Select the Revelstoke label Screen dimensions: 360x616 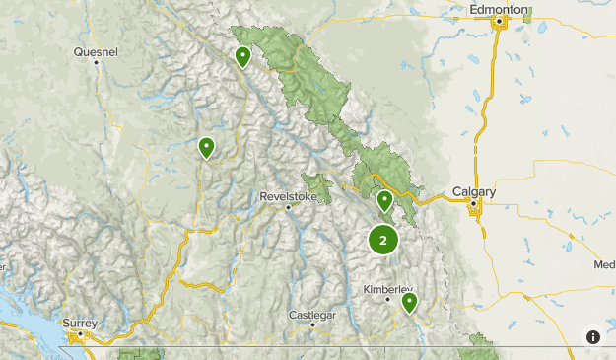coord(287,195)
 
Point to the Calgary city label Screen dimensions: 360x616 coord(473,191)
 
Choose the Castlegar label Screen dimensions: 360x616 coord(312,314)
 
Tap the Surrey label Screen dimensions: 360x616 coord(80,322)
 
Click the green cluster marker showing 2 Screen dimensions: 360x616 coord(383,239)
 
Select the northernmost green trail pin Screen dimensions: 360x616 coord(242,56)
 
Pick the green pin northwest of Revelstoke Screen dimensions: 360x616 coord(207,147)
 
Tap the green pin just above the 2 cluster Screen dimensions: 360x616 coord(384,200)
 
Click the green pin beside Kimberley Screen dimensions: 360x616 coord(409,301)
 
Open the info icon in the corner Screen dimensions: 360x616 coord(593,336)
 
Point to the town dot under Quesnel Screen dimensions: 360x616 coord(96,62)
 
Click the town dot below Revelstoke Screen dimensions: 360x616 coord(287,207)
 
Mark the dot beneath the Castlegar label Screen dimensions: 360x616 coord(312,324)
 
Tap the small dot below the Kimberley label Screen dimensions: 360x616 coord(387,299)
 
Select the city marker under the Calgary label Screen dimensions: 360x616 coord(474,205)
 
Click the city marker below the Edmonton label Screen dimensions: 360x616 coord(499,20)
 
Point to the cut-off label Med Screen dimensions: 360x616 coord(604,264)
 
